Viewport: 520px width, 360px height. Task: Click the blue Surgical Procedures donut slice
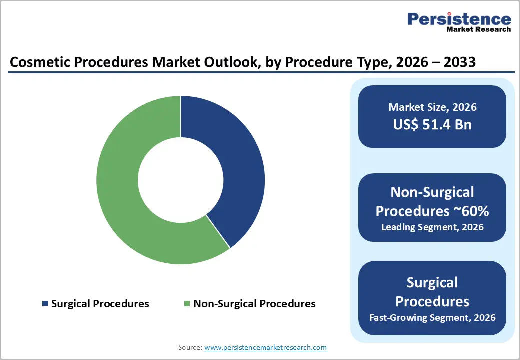coord(235,165)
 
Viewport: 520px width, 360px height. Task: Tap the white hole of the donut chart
coord(180,180)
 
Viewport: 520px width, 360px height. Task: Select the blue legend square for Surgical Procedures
coord(45,304)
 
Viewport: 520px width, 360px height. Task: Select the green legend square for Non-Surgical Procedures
coord(187,304)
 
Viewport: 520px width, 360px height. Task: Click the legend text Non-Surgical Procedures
coord(254,304)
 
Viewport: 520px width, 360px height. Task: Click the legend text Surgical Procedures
coord(100,304)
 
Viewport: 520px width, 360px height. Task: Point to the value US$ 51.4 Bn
coord(432,124)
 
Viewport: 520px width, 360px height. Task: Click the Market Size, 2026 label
coord(432,107)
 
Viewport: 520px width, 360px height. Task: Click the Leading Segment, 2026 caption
coord(432,227)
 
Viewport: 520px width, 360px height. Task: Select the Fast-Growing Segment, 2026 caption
coord(432,317)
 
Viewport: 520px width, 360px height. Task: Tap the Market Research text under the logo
coord(478,29)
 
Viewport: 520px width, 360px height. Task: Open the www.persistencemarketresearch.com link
coord(265,347)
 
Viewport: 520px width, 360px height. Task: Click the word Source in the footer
coord(189,347)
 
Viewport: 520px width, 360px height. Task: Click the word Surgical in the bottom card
coord(432,283)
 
